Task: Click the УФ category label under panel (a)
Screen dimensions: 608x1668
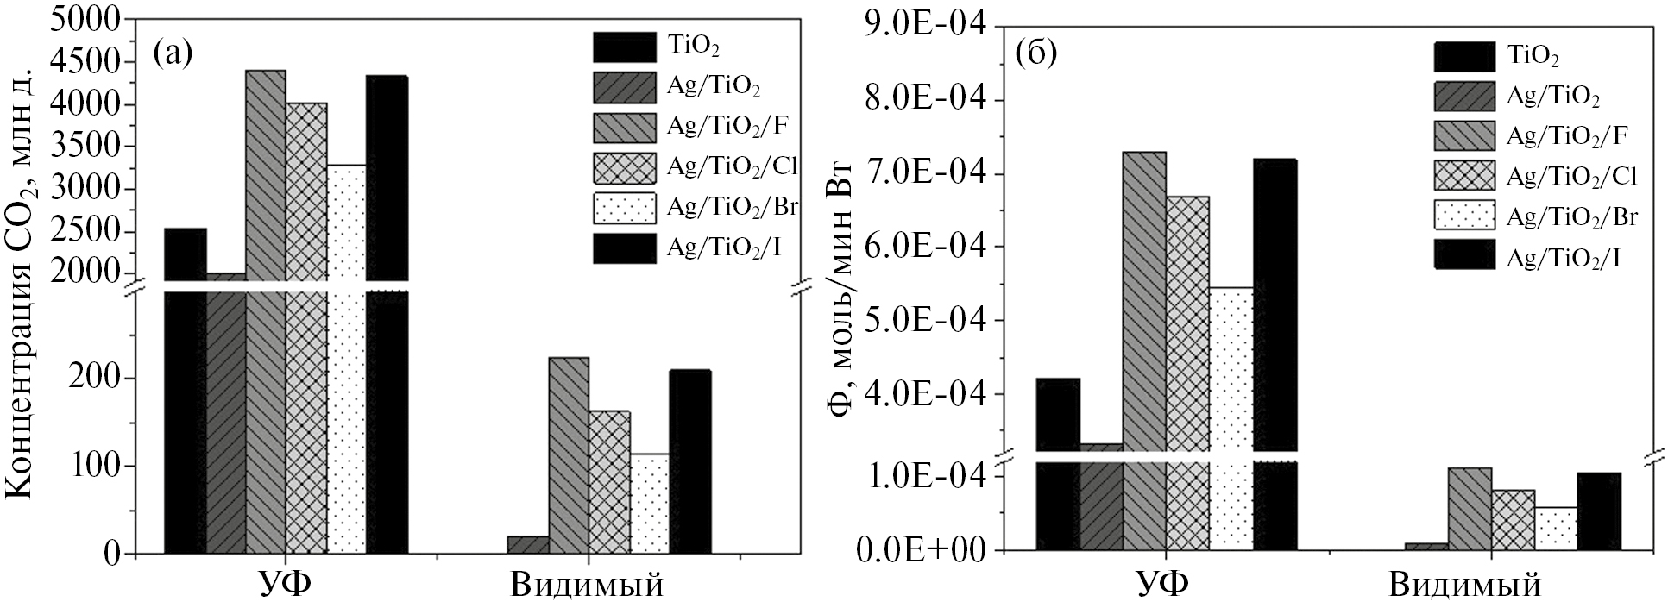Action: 286,586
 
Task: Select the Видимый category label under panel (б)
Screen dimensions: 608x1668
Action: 1464,586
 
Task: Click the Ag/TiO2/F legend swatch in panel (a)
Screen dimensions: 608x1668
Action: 624,128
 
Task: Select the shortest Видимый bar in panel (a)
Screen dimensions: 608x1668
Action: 528,544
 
